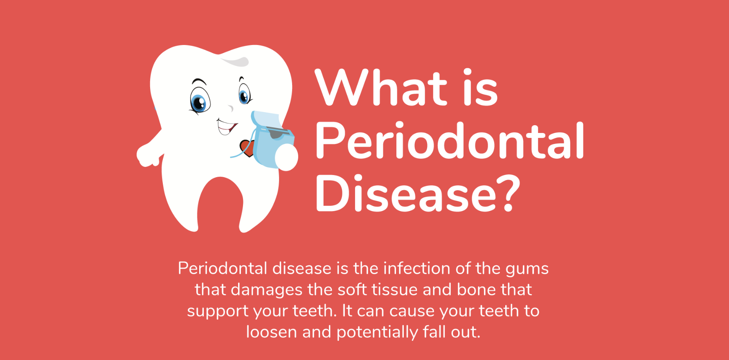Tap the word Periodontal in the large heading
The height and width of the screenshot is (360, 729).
(x=449, y=141)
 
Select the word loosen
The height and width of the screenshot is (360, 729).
(x=272, y=332)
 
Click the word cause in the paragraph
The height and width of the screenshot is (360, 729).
(x=412, y=311)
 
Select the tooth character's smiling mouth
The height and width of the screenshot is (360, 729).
(x=226, y=126)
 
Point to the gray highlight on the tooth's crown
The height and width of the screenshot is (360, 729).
(x=236, y=61)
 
